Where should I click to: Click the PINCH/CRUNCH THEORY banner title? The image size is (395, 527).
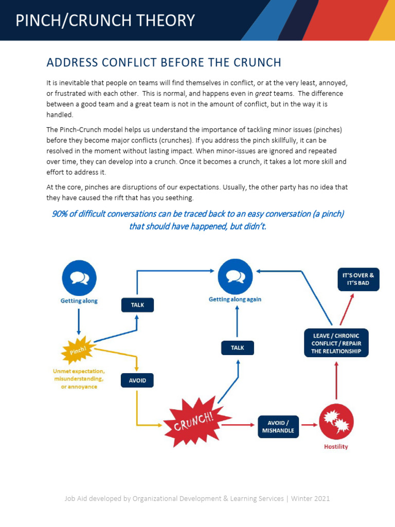click(105, 21)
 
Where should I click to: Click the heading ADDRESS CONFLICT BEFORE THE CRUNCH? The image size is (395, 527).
click(164, 63)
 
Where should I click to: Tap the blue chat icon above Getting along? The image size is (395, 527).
click(79, 278)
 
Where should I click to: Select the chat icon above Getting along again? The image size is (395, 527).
click(235, 276)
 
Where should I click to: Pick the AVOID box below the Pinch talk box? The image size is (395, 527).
click(137, 381)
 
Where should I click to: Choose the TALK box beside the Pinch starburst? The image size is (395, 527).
click(137, 305)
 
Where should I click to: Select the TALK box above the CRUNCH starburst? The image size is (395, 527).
click(237, 348)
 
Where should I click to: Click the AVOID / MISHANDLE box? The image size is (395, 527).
click(278, 427)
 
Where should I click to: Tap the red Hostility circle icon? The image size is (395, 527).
click(336, 421)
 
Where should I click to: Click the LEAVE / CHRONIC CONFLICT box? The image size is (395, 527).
click(336, 343)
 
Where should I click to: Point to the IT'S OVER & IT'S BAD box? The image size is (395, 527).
click(358, 279)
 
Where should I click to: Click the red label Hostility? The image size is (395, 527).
click(336, 447)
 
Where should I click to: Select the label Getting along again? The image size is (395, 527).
click(235, 300)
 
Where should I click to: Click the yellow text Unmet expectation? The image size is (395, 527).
click(79, 371)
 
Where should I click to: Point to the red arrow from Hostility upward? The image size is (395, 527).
click(336, 381)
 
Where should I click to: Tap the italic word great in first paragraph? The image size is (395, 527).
click(263, 94)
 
